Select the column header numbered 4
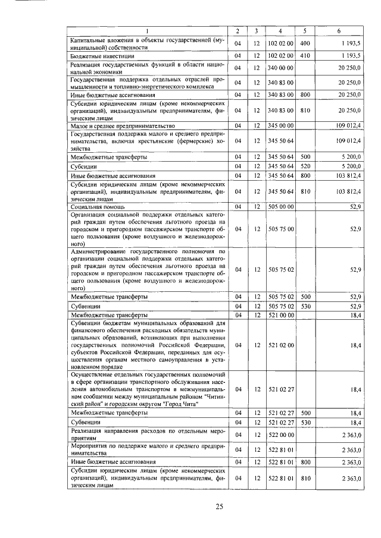click(x=280, y=30)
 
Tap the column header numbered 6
click(x=339, y=30)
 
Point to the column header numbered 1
click(x=147, y=30)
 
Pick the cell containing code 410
click(x=305, y=56)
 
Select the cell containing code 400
click(x=305, y=43)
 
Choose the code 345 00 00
click(x=280, y=126)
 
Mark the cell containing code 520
click(x=305, y=167)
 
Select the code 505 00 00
click(x=280, y=206)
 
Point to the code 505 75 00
click(x=280, y=228)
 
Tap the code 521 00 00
click(x=280, y=314)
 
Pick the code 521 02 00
click(x=280, y=344)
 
